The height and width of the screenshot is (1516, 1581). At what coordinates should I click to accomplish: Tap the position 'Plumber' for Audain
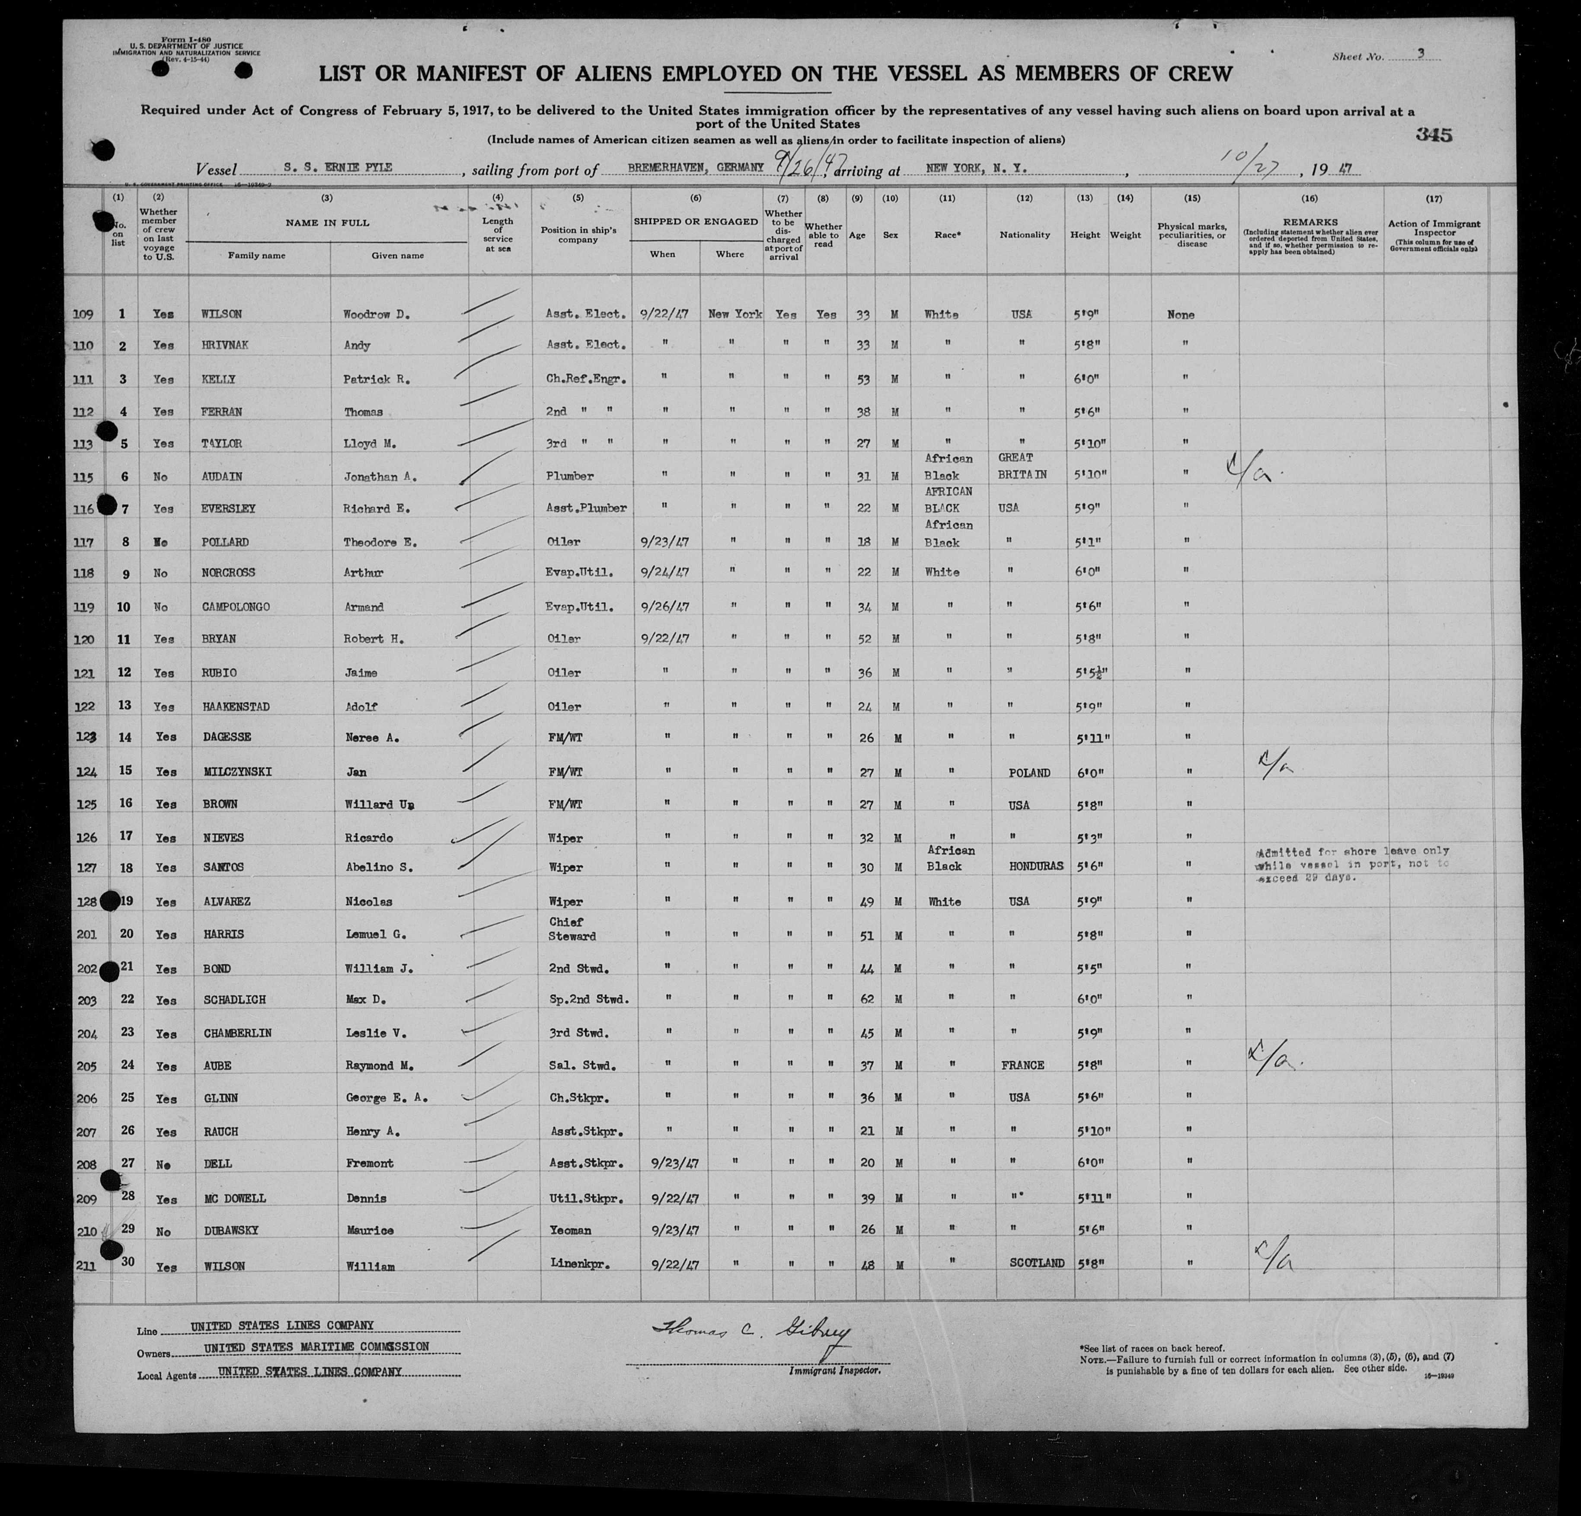569,476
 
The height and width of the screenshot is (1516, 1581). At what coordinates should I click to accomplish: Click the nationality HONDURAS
1035,866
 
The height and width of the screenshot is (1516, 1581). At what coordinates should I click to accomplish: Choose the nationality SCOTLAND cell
1037,1263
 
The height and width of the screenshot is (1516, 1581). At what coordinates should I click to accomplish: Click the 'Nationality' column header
1025,235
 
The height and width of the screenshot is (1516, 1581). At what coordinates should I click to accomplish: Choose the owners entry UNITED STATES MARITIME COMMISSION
316,1346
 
